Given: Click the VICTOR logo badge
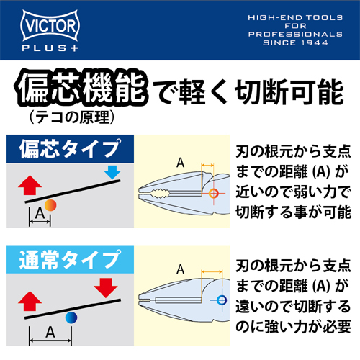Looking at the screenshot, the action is point(50,25).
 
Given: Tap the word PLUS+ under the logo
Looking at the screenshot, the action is point(50,48).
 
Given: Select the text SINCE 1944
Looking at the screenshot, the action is point(295,42).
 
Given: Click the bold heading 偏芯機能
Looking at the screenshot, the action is point(81,88).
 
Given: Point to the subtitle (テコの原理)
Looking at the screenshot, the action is point(71,117).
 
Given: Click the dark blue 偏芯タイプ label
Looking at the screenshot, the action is point(70,149).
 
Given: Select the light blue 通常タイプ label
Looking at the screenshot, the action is point(70,259).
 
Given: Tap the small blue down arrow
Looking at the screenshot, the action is point(112,172).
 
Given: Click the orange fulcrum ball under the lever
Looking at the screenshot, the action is point(50,205).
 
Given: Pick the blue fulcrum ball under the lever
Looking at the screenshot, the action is point(71,318).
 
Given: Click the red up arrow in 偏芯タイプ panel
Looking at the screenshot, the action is point(30,185).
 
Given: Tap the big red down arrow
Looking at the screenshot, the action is point(106,288).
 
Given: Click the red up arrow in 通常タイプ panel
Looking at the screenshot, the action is point(30,301).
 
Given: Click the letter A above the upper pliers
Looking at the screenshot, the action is point(181,163).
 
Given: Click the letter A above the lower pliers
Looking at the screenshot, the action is point(181,269).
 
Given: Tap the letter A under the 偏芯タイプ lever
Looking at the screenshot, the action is point(40,213).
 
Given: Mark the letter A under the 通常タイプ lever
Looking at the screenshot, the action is point(50,333).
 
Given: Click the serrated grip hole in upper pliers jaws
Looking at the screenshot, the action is point(160,193).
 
